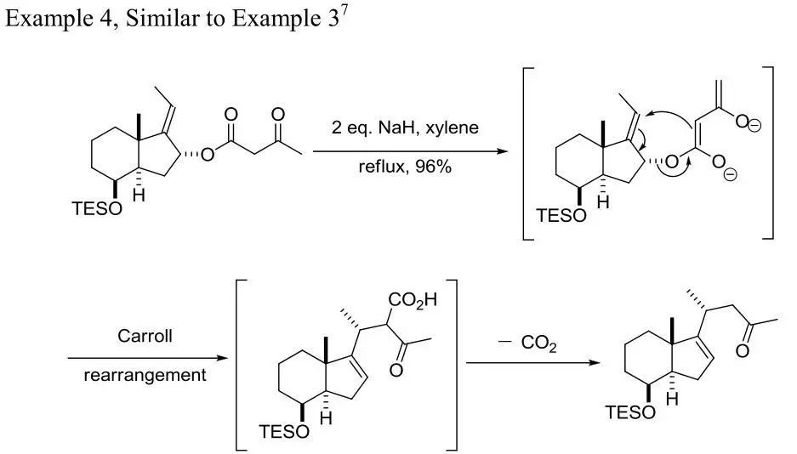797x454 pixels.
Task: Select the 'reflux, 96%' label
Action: (404, 167)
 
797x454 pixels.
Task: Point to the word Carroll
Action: (145, 336)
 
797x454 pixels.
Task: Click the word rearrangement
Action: (145, 375)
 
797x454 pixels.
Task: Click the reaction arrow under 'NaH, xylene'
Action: (404, 150)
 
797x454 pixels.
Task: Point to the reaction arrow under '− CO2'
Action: (521, 363)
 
